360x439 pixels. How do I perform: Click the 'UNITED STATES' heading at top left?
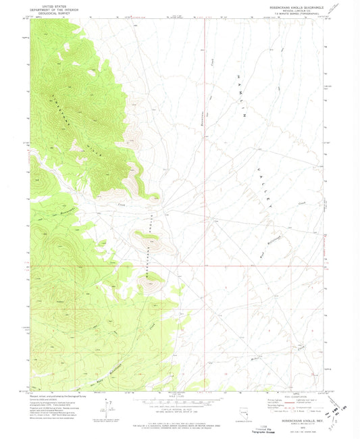click(x=51, y=3)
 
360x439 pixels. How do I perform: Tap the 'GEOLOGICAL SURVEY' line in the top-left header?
click(x=51, y=11)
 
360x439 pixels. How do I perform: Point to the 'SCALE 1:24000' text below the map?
click(x=179, y=394)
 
